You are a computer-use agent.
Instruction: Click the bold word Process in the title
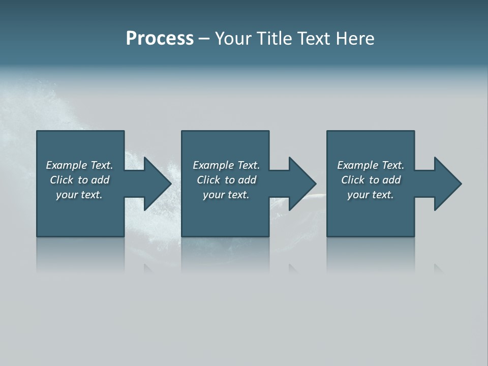pyautogui.click(x=160, y=39)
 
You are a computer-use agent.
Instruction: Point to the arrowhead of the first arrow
pyautogui.click(x=157, y=184)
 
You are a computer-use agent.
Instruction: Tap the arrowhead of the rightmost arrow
pyautogui.click(x=447, y=184)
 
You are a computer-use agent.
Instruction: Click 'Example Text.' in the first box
pyautogui.click(x=79, y=165)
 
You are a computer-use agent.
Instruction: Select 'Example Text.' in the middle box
pyautogui.click(x=226, y=165)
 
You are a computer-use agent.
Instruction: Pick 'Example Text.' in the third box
pyautogui.click(x=371, y=165)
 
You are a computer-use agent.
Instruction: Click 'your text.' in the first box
pyautogui.click(x=79, y=195)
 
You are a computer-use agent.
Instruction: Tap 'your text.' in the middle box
pyautogui.click(x=226, y=195)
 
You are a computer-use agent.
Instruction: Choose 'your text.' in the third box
pyautogui.click(x=371, y=195)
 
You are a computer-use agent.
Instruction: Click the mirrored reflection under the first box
pyautogui.click(x=80, y=254)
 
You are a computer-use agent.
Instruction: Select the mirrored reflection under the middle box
pyautogui.click(x=225, y=254)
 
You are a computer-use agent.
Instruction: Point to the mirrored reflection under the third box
pyautogui.click(x=371, y=254)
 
